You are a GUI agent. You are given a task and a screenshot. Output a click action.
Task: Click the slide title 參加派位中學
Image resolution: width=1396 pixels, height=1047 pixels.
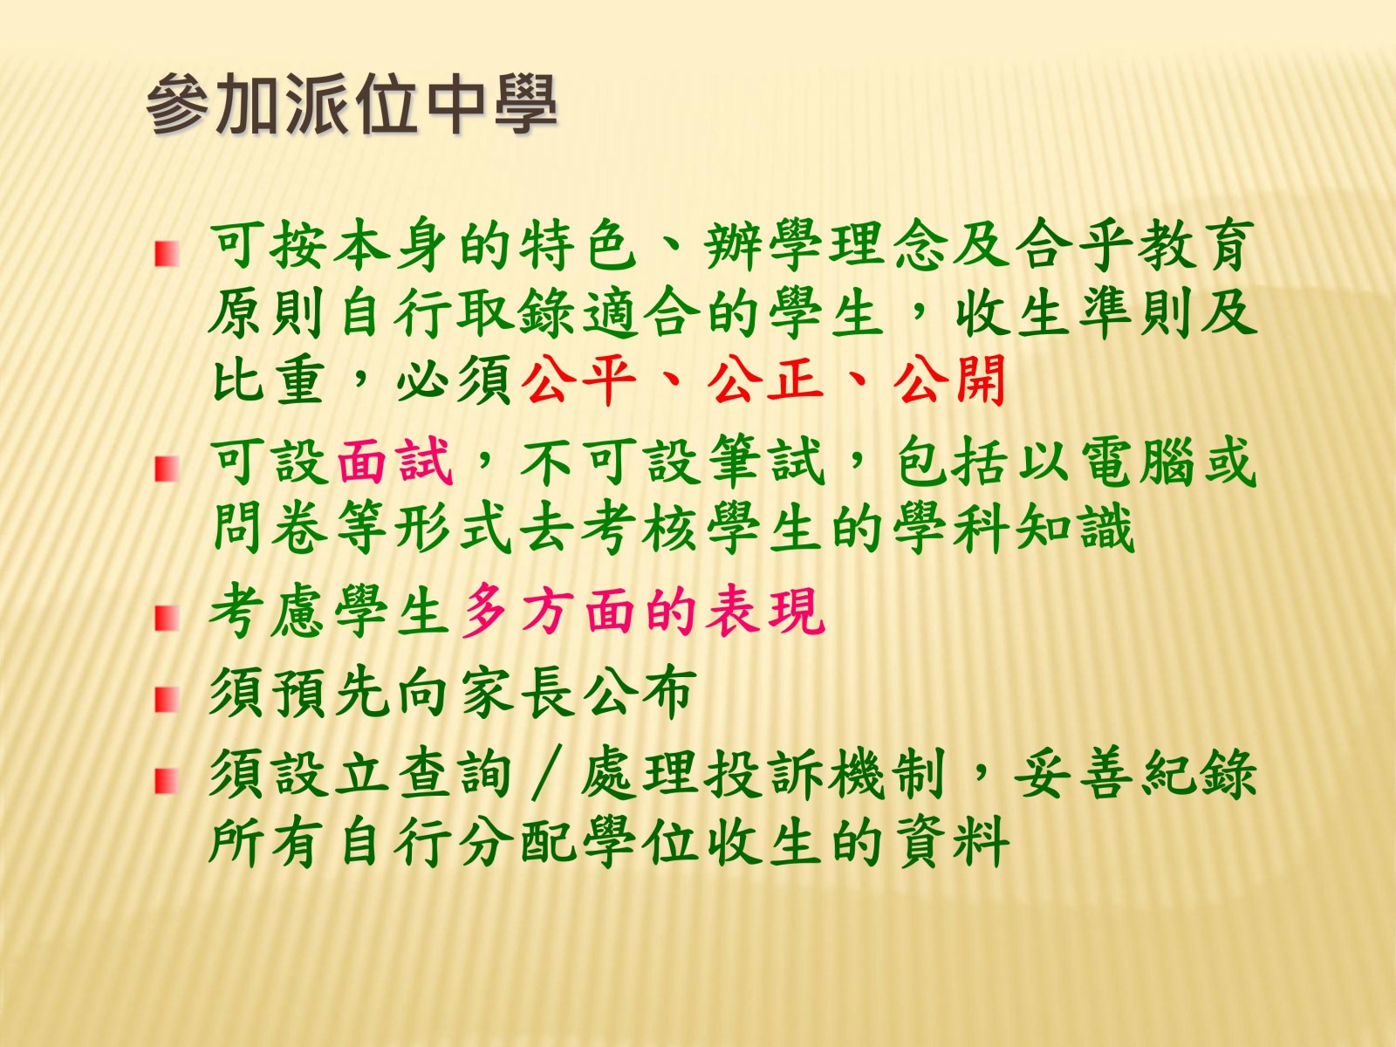coord(352,104)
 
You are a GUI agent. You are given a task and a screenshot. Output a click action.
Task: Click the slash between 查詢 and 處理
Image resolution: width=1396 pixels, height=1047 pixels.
coord(547,774)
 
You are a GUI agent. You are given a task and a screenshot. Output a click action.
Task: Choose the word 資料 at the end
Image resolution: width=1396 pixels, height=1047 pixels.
coord(951,841)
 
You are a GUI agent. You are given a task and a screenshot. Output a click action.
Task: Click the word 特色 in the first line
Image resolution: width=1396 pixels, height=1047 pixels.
coord(578,247)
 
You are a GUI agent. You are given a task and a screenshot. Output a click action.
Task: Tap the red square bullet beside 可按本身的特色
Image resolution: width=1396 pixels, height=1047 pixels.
coord(166,254)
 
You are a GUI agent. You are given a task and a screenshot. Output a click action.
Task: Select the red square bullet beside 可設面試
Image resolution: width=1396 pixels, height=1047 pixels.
coord(166,469)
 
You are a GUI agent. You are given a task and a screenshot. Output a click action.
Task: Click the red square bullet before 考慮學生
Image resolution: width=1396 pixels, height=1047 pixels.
coord(166,617)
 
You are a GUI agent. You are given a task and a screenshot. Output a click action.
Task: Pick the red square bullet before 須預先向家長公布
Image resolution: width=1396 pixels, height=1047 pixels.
coord(166,700)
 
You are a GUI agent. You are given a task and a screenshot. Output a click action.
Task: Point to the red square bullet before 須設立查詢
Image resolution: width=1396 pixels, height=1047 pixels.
coord(166,781)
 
